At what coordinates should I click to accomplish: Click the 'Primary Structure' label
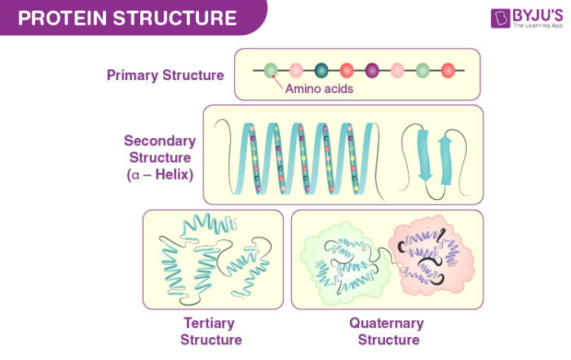click(165, 75)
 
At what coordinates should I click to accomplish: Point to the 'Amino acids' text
click(318, 88)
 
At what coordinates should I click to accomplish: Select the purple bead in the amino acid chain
click(372, 70)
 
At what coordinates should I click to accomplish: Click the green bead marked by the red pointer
click(270, 70)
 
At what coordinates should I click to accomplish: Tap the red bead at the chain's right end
click(448, 70)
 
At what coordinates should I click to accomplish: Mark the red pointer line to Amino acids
click(277, 81)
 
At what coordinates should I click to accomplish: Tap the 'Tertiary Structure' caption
click(210, 331)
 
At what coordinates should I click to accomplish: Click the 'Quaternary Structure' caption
click(387, 331)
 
